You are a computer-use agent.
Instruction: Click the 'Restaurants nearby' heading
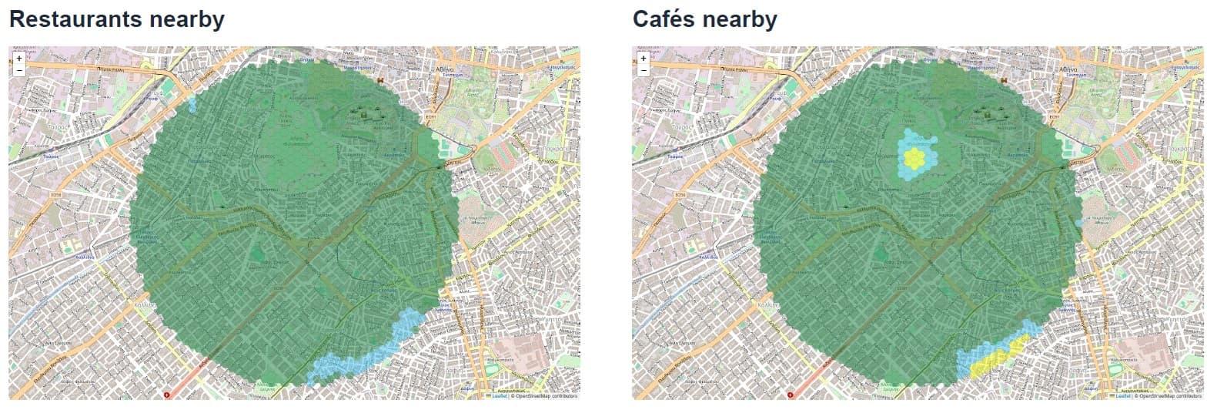point(116,19)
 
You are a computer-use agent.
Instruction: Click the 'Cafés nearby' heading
point(704,19)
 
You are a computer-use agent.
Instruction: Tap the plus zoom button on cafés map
point(643,58)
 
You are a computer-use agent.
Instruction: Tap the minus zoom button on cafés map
point(643,70)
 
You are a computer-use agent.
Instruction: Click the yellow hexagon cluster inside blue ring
point(914,158)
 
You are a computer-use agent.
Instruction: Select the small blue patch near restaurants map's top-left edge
point(192,104)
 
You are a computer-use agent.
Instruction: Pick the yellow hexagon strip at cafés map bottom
point(993,356)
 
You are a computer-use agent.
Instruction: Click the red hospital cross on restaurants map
point(169,395)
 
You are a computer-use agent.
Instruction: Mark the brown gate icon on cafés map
point(1003,80)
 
